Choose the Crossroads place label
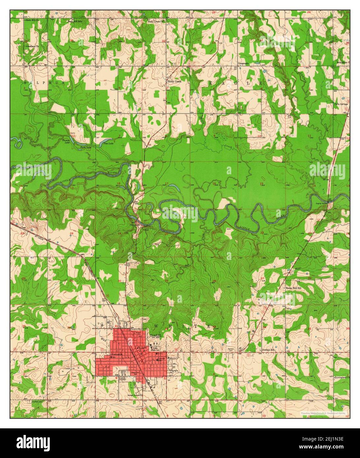pos(244,63)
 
